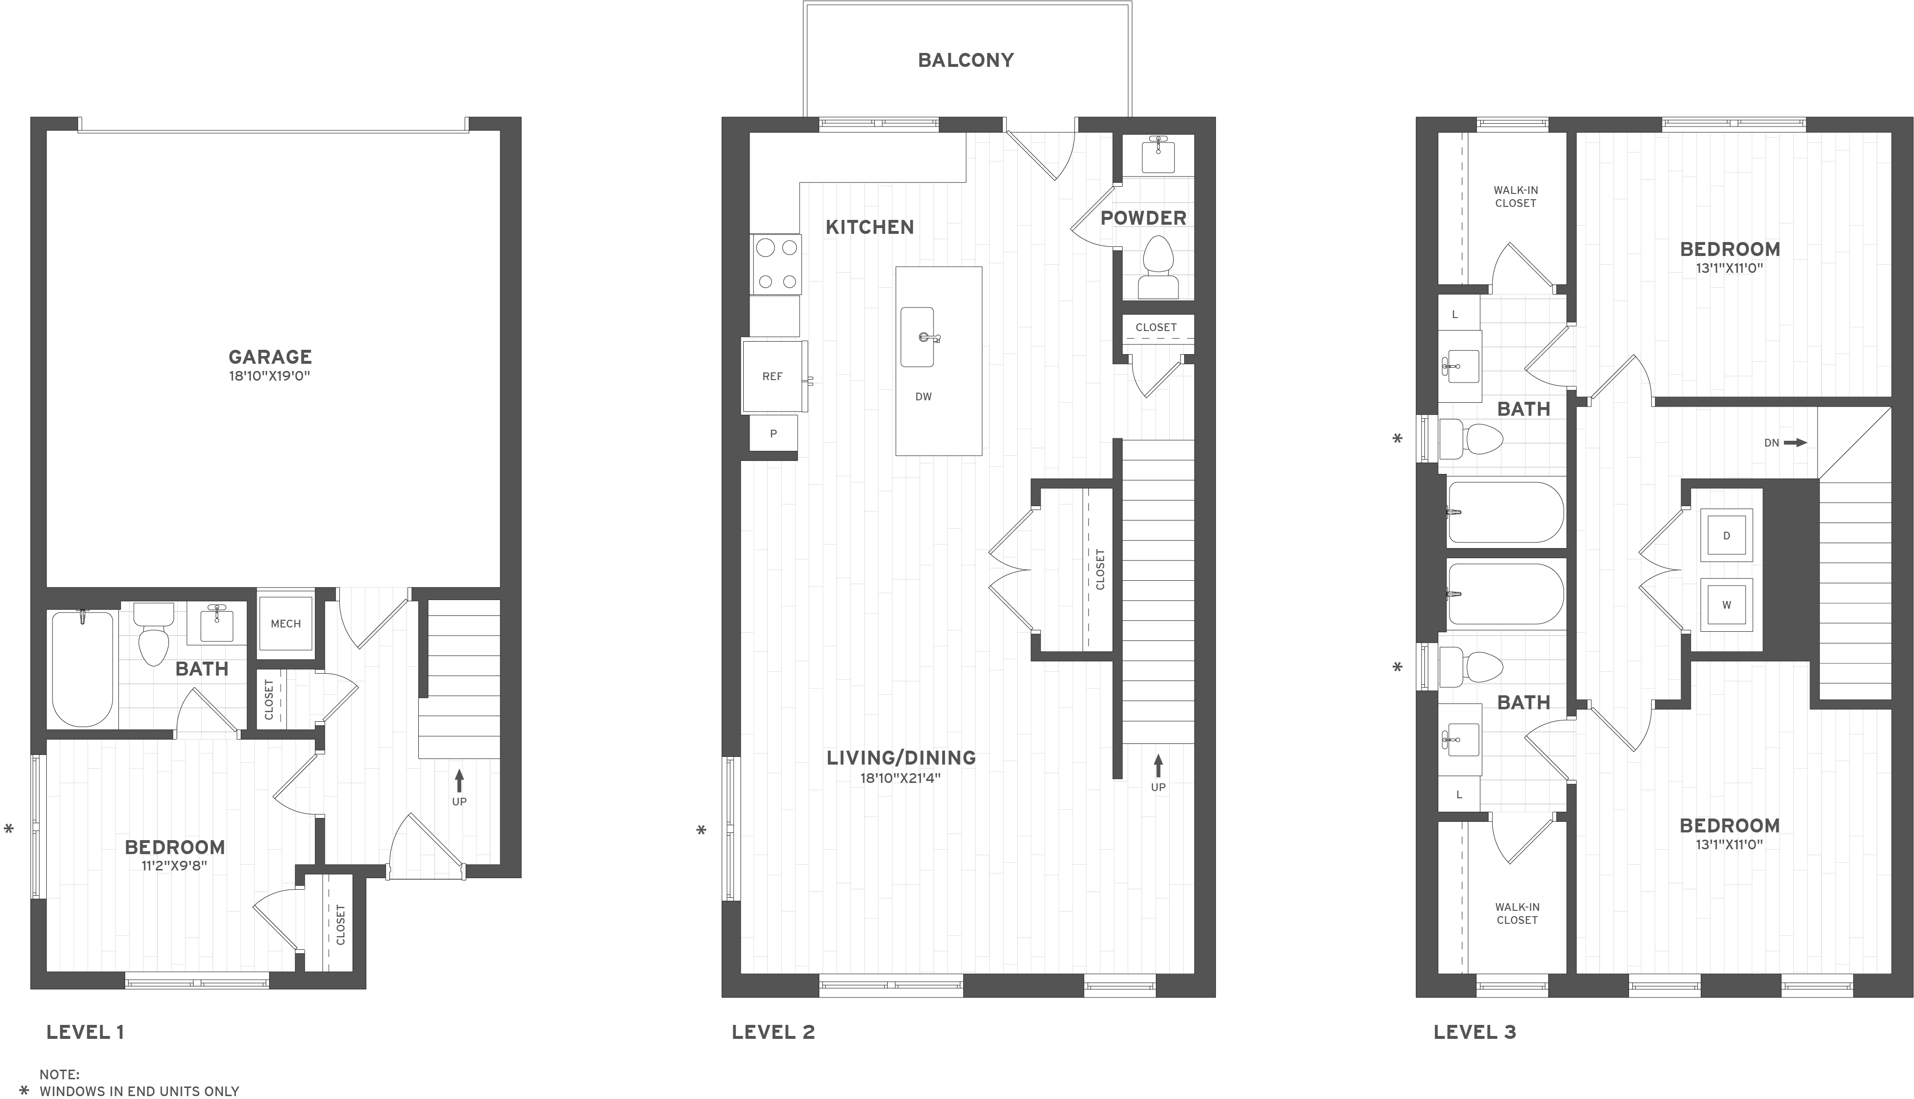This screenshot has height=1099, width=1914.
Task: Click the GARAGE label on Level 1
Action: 271,356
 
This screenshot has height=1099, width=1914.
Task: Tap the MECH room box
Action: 285,624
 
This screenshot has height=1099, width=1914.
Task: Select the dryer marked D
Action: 1726,536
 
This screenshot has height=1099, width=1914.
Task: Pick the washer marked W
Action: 1726,605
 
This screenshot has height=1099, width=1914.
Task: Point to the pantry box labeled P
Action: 773,433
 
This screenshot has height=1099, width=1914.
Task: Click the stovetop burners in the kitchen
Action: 776,264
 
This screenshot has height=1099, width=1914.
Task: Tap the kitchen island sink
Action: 918,337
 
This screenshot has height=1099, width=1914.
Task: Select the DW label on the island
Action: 923,396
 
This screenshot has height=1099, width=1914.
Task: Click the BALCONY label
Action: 966,60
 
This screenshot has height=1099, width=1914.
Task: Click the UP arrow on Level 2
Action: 1158,766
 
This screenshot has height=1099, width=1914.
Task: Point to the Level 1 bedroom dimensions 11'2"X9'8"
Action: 174,866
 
